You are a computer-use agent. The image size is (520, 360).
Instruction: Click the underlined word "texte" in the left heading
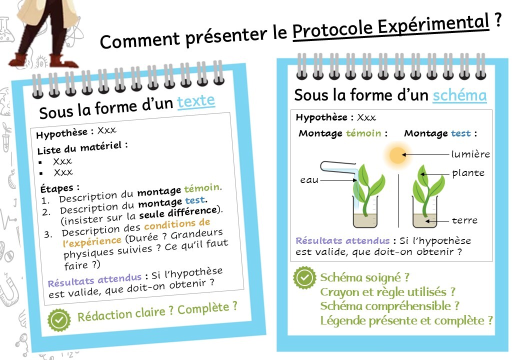tap(196, 101)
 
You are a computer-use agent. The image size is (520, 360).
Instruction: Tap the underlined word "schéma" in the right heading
tap(459, 95)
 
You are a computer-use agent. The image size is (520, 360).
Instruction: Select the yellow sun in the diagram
tap(397, 155)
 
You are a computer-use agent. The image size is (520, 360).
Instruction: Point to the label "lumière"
tap(470, 154)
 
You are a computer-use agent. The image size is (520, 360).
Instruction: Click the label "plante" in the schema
tap(468, 173)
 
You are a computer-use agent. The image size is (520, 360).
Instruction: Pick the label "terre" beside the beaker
tap(464, 220)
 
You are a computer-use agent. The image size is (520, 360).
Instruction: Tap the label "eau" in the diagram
tap(309, 180)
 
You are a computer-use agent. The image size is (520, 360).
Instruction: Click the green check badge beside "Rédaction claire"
tap(59, 320)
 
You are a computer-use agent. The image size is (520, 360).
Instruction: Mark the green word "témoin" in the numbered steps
tap(202, 188)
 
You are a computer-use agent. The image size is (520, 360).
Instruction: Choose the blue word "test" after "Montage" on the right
tap(461, 133)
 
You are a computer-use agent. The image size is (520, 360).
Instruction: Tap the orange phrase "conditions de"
tap(177, 224)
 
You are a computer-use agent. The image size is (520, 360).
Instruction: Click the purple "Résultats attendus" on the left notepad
tap(95, 280)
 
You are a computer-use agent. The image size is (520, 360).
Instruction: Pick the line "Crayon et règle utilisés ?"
tap(387, 292)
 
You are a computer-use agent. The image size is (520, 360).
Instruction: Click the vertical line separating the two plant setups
tap(398, 201)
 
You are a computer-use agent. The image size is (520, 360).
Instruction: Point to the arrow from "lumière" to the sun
tap(425, 154)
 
